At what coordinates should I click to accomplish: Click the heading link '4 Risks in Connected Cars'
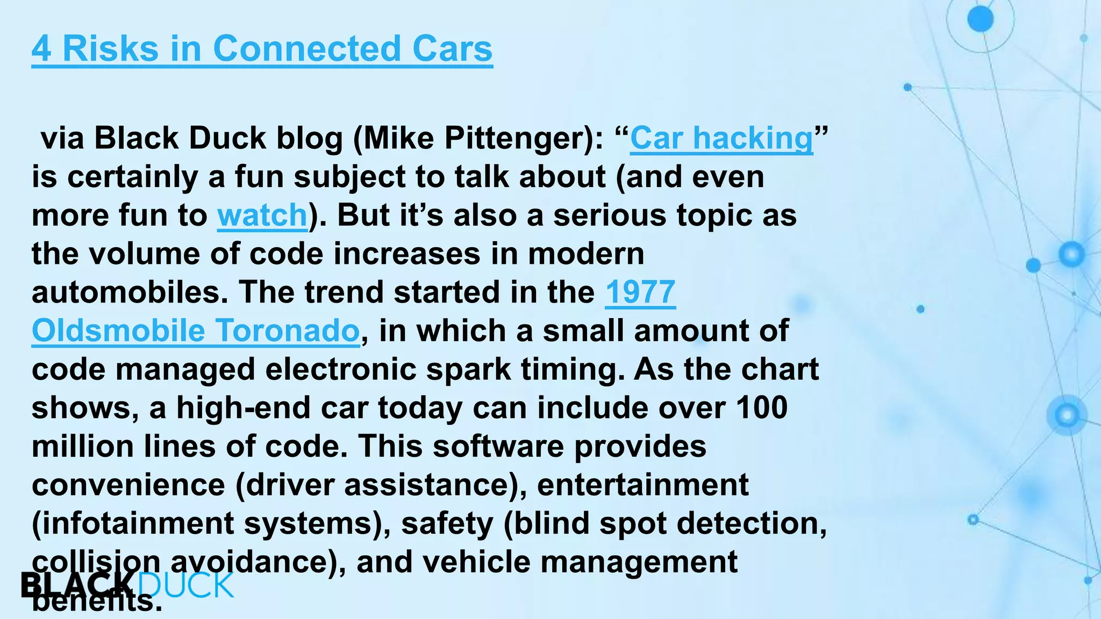click(262, 49)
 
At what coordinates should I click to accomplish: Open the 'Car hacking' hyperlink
click(721, 138)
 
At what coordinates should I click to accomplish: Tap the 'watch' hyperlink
click(262, 215)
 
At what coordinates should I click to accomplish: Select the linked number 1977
click(640, 292)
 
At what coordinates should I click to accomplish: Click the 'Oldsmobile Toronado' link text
click(196, 330)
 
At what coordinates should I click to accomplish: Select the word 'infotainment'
click(138, 523)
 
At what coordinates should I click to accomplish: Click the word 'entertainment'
click(642, 485)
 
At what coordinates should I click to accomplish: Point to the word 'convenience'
click(128, 485)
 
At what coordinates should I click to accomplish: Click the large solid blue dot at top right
click(981, 20)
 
